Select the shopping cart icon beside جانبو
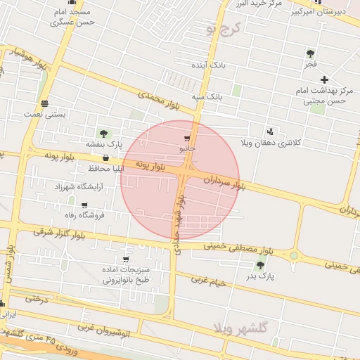coord(186,139)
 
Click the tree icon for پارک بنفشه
coord(103,134)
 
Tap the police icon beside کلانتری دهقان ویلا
coord(271,131)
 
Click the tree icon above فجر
coord(310,53)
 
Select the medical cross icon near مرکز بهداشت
coord(323,79)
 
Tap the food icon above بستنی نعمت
coord(44,103)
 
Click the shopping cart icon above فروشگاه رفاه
coord(84,205)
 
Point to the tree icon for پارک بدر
coord(260,265)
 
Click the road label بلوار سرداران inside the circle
coord(224,182)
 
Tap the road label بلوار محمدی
coord(159,100)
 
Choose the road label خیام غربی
coord(211,283)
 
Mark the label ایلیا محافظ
coord(87,169)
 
